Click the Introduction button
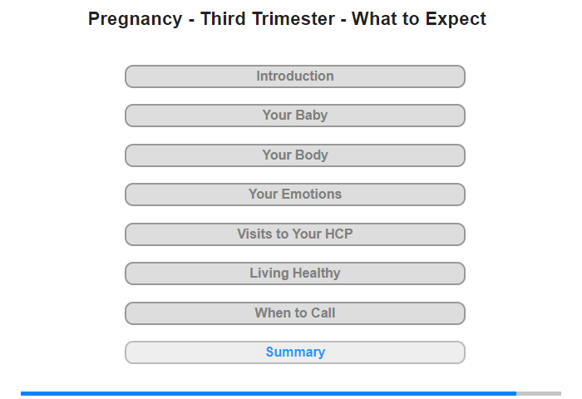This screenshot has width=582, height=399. [294, 76]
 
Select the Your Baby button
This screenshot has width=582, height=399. [294, 116]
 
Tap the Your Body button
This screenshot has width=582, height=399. [294, 155]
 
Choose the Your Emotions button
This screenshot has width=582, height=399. [294, 195]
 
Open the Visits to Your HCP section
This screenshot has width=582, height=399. [294, 234]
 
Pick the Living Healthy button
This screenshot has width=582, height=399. [294, 273]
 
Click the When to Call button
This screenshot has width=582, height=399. [294, 313]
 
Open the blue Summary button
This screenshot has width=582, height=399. [294, 352]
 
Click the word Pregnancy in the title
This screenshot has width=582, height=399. [135, 20]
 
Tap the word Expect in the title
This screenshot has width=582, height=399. [456, 20]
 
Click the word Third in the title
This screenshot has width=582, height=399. [223, 18]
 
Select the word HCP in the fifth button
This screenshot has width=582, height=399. [338, 234]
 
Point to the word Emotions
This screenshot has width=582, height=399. [312, 195]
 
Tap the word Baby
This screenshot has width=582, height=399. [311, 116]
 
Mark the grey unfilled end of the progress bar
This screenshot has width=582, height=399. [539, 393]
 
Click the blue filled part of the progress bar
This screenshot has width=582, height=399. [269, 393]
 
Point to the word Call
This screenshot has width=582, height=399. [323, 313]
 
